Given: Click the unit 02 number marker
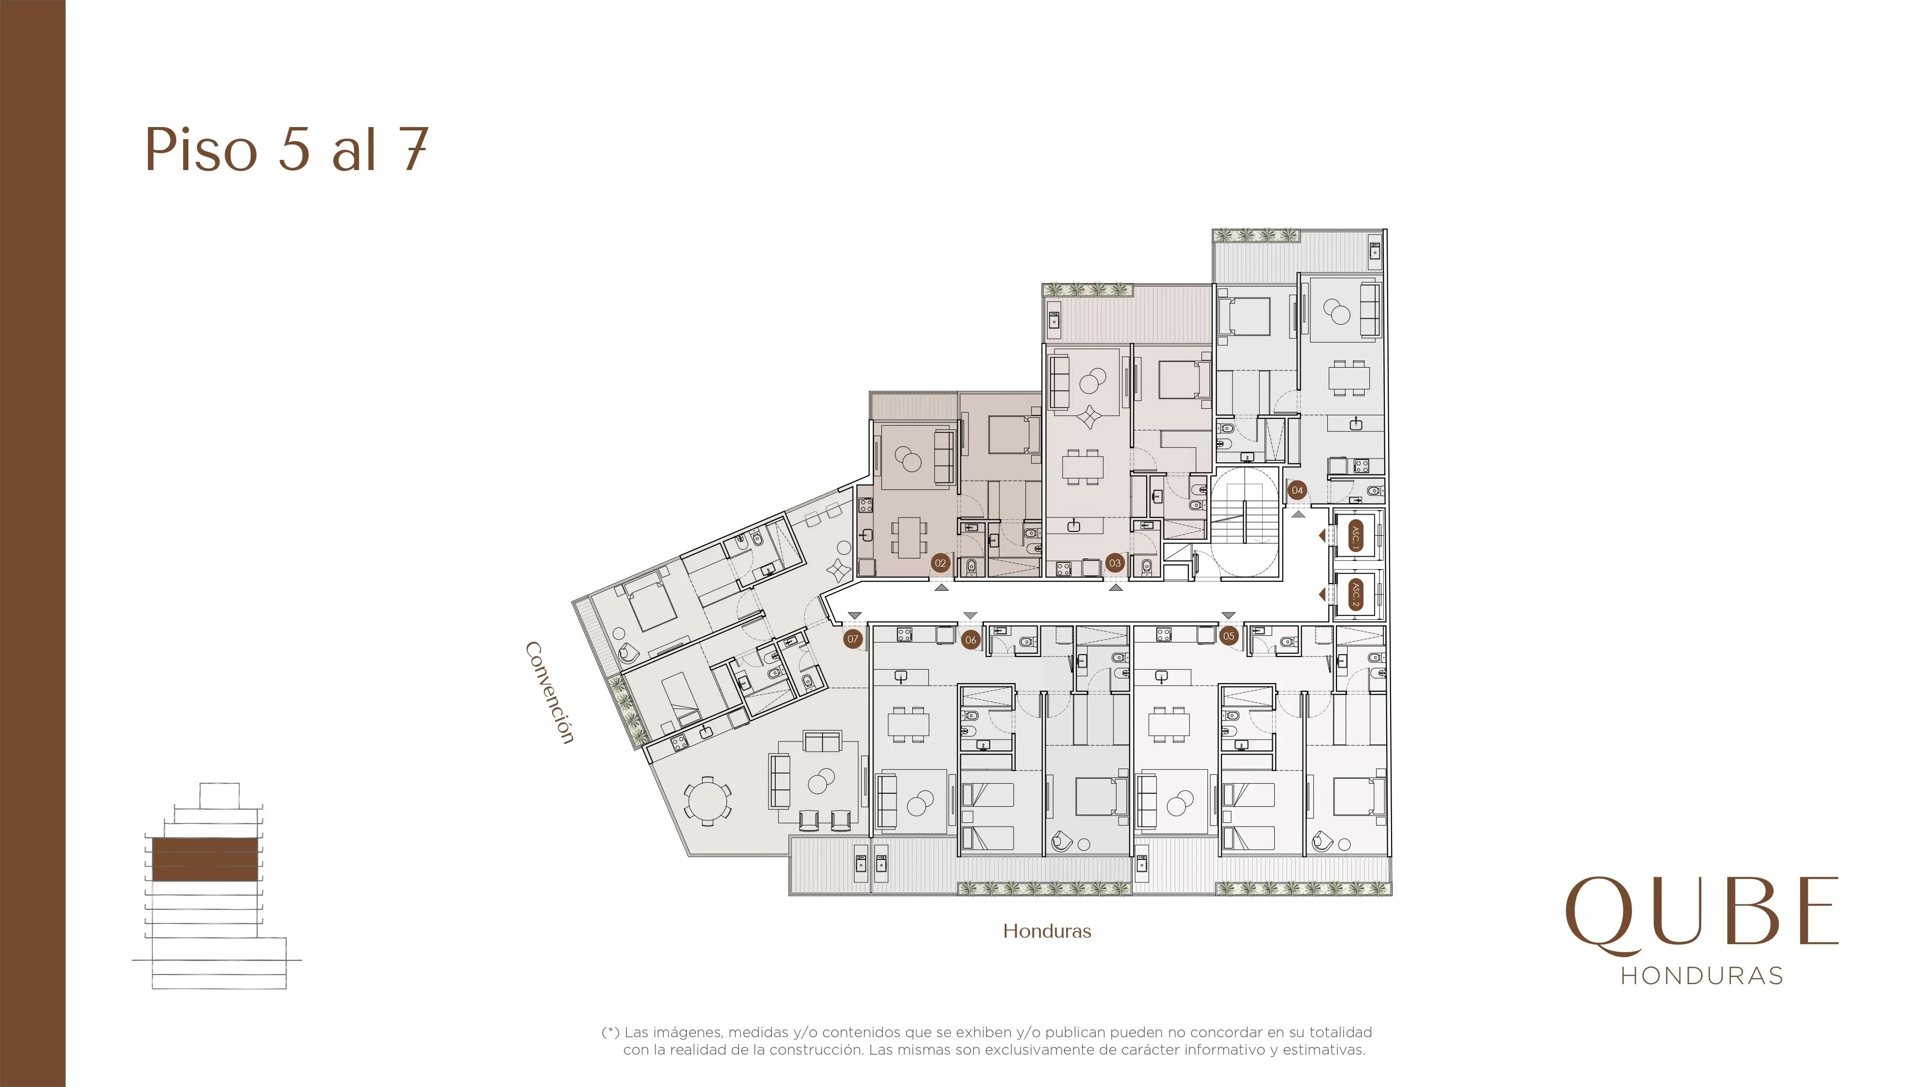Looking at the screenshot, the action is [x=940, y=563].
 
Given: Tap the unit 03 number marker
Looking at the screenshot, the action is [x=1114, y=563].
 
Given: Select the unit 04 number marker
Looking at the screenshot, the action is [x=1297, y=490].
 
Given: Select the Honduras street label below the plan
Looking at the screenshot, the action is [x=1047, y=931].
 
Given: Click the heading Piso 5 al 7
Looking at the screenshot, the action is [x=286, y=149].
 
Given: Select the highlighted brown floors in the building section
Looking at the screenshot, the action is [x=205, y=859].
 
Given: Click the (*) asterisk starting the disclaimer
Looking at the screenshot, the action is [x=611, y=1032].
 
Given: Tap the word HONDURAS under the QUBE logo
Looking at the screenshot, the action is [x=1702, y=976].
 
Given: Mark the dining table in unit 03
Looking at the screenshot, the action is [x=1082, y=467].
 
